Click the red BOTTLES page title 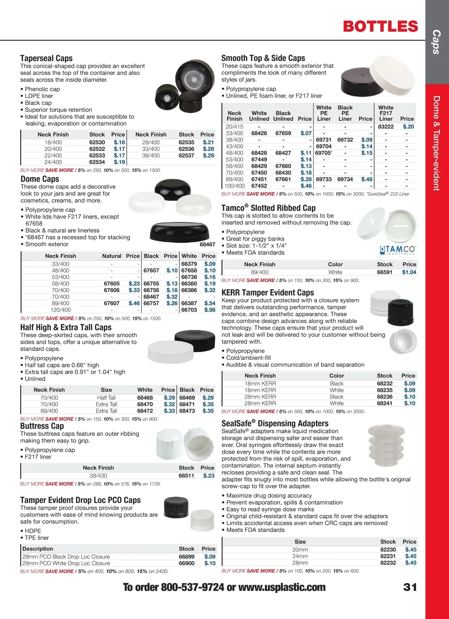[x=380, y=27]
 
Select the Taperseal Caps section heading [x=46, y=58]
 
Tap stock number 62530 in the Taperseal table [x=97, y=143]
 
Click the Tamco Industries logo [x=397, y=250]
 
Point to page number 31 [x=410, y=587]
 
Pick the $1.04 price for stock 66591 [x=409, y=272]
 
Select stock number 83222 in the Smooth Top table [x=386, y=127]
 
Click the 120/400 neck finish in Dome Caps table [x=61, y=310]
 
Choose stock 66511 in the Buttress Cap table [x=186, y=476]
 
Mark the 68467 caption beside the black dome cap [x=207, y=245]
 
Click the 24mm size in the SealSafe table [x=300, y=556]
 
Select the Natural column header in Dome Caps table [x=112, y=256]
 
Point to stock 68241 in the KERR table [x=385, y=404]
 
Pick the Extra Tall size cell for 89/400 [x=106, y=411]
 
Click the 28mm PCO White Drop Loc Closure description [x=66, y=563]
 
